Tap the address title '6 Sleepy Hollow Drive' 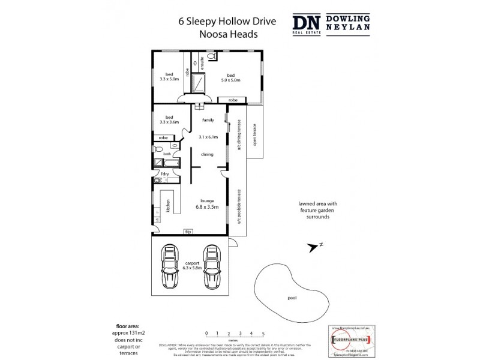point(219,21)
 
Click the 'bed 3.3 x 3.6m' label point(169,119)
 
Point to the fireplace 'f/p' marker point(188,232)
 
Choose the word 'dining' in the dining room point(207,154)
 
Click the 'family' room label point(208,120)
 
